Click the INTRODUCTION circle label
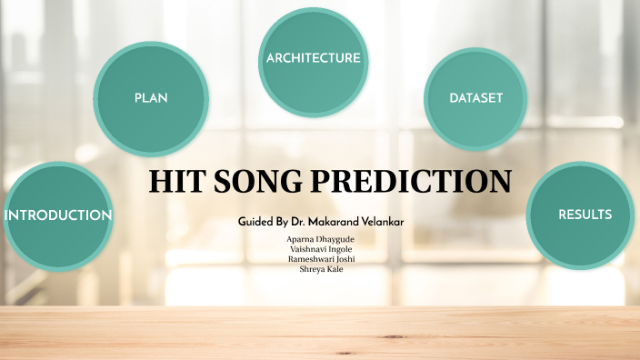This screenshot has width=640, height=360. (58, 215)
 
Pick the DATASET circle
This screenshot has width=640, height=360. (475, 98)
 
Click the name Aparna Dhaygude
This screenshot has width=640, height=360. (320, 239)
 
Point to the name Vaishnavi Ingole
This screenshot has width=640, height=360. (320, 249)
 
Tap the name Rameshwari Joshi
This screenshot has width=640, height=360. (320, 259)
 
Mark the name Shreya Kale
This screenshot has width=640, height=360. (320, 269)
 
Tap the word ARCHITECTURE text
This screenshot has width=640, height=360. (313, 58)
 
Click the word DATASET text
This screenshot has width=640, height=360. (475, 97)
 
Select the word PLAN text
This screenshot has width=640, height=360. (151, 97)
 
